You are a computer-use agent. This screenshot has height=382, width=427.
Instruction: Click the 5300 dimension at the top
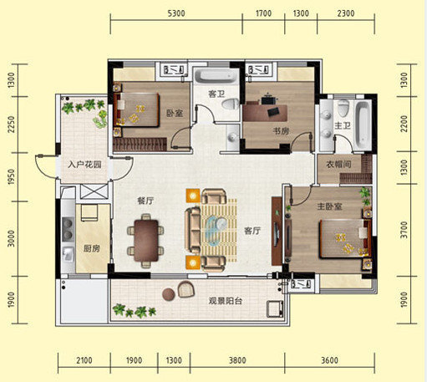tap(176, 13)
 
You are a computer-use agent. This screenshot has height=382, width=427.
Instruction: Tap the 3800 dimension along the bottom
tap(237, 360)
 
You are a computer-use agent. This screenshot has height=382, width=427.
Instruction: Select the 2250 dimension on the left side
tap(11, 125)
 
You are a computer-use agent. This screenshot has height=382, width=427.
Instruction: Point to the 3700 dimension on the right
tap(404, 230)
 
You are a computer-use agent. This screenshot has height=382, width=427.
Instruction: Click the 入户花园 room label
tap(84, 165)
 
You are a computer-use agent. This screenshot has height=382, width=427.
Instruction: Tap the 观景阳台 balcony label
tap(226, 301)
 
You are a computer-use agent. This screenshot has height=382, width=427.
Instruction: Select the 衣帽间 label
tap(338, 165)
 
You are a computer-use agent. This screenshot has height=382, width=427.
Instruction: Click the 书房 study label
tap(281, 131)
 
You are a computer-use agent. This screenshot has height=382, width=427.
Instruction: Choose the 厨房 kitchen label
tap(92, 248)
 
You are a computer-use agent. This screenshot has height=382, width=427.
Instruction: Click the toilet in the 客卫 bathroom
tap(231, 104)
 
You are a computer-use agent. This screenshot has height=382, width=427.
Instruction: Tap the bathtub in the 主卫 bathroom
tap(363, 125)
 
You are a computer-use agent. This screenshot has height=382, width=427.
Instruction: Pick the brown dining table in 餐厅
tap(146, 241)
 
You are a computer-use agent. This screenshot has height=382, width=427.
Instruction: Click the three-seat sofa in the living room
tap(193, 230)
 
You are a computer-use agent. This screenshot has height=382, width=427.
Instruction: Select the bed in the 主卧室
tap(345, 239)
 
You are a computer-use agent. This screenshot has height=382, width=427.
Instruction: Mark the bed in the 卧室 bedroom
tap(136, 110)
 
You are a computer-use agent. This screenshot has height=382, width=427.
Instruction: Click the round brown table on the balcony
tap(169, 294)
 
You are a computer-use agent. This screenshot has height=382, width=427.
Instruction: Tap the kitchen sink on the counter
tap(68, 254)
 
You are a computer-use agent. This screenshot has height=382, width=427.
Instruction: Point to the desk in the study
tap(265, 113)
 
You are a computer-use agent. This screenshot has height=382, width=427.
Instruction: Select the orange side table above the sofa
tap(193, 196)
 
